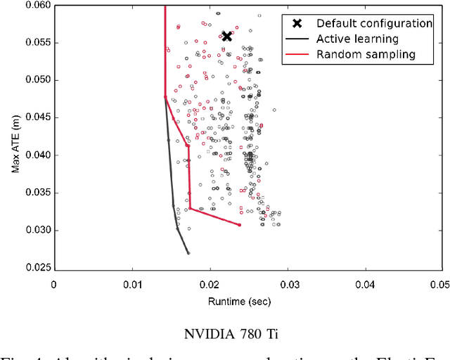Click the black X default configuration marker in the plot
[226, 36]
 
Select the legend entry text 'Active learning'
[357, 39]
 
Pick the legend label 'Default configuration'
[374, 23]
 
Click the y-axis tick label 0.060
[36, 5]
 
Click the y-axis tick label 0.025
[36, 268]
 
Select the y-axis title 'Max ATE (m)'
[15, 137]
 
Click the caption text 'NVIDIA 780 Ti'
[224, 331]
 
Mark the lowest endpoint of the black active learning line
[188, 253]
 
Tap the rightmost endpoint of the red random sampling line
[240, 225]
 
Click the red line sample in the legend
[297, 54]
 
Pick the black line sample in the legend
[297, 39]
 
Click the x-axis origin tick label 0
[54, 285]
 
